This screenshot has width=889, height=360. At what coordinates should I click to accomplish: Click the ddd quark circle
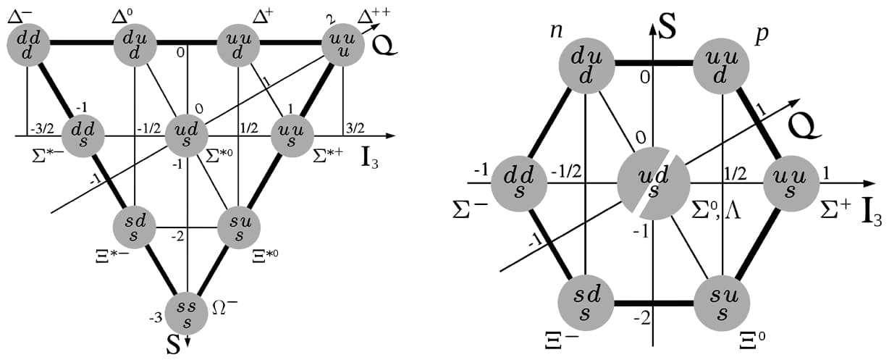coord(28,44)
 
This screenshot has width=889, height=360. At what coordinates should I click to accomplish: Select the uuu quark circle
coord(342,44)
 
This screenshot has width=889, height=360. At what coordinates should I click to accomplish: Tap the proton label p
coord(761,35)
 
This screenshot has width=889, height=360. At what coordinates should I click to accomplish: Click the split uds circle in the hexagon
coord(653,183)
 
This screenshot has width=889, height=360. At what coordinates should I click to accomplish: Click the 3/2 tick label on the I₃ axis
coord(355,127)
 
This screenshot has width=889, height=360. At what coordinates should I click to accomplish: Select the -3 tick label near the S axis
coord(156,317)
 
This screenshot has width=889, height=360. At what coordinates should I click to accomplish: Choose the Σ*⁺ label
coord(324,155)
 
